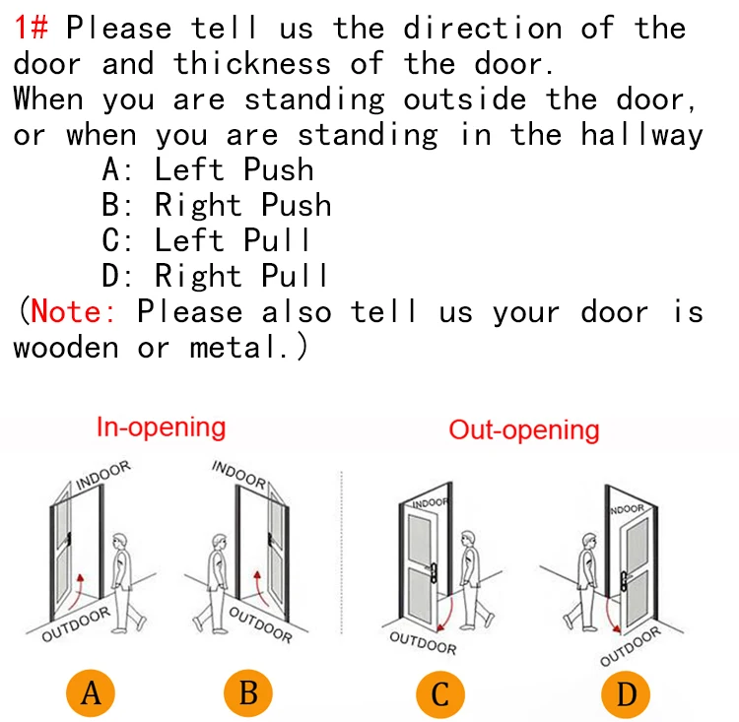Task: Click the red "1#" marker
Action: (32, 27)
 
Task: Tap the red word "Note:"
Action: (73, 311)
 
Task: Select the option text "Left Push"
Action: (234, 169)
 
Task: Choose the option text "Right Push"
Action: (242, 205)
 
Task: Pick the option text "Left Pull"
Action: (232, 240)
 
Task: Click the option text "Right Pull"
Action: (240, 275)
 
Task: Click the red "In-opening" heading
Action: (162, 427)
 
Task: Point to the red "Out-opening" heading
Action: (523, 430)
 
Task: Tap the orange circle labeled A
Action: (91, 693)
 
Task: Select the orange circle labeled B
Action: (248, 693)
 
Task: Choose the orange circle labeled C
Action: (440, 695)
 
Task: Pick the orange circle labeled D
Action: (626, 695)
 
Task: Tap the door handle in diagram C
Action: (433, 572)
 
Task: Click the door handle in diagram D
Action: (624, 581)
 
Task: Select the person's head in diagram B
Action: (219, 543)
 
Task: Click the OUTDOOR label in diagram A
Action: (76, 624)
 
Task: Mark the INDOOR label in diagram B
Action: (239, 474)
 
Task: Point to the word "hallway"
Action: (641, 135)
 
